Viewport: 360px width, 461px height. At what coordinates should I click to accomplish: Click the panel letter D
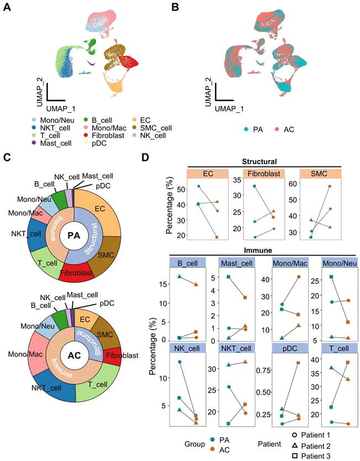[x=145, y=158]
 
